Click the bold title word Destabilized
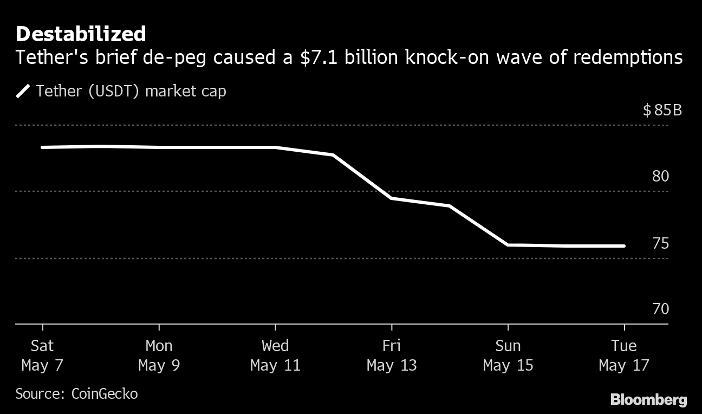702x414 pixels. point(81,34)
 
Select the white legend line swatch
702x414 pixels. point(23,91)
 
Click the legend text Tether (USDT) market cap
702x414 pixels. point(131,91)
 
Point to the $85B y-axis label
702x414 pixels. point(662,111)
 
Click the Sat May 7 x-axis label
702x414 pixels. point(42,355)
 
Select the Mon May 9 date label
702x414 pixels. point(159,355)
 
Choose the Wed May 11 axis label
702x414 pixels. point(275,355)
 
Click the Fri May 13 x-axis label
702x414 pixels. point(392,355)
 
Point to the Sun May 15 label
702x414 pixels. point(508,355)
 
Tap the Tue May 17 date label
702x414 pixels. point(624,355)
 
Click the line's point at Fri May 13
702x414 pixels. point(392,198)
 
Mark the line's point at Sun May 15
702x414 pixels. point(508,245)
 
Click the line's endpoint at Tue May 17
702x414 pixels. point(624,246)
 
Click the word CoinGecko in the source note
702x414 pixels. point(105,393)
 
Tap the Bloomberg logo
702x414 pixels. point(649,400)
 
